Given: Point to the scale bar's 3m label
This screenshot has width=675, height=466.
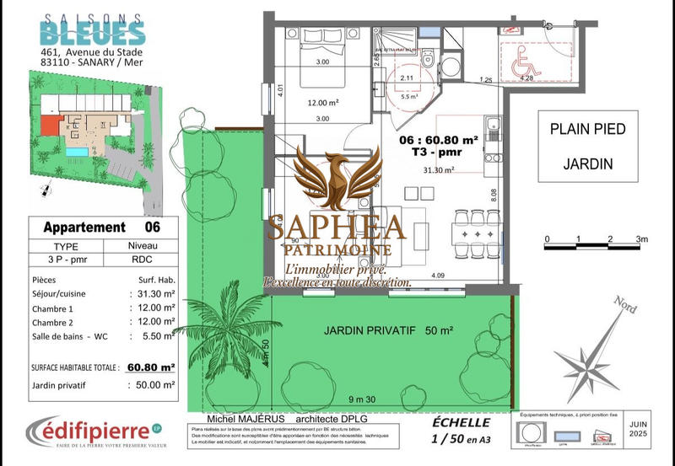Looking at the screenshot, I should coord(642,240).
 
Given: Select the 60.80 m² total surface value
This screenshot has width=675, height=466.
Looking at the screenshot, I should coord(152,367).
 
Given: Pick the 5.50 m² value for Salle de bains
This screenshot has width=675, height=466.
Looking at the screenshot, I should coord(156,336).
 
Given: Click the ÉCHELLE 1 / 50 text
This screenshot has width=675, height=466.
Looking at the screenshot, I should coord(460,429).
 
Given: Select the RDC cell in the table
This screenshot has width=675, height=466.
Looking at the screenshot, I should coord(140,260).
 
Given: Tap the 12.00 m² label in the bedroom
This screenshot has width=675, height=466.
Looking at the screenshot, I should coord(321,102).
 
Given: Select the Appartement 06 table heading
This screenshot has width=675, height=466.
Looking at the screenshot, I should coord(100,227).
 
